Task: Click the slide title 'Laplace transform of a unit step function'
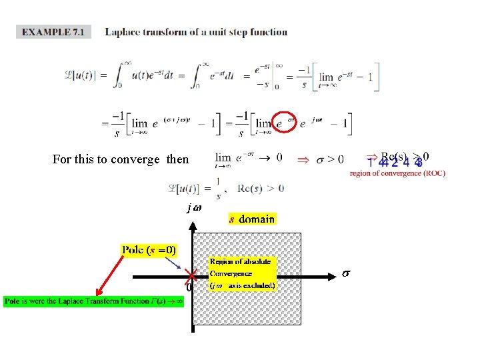196,32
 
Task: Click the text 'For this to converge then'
120,159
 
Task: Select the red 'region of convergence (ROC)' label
397,174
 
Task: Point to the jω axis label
193,207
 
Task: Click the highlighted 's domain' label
251,219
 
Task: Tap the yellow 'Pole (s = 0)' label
149,250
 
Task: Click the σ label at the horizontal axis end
345,273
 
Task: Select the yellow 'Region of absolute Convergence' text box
241,273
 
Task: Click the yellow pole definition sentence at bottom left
95,301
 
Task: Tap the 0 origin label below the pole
189,288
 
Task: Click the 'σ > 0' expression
329,159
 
